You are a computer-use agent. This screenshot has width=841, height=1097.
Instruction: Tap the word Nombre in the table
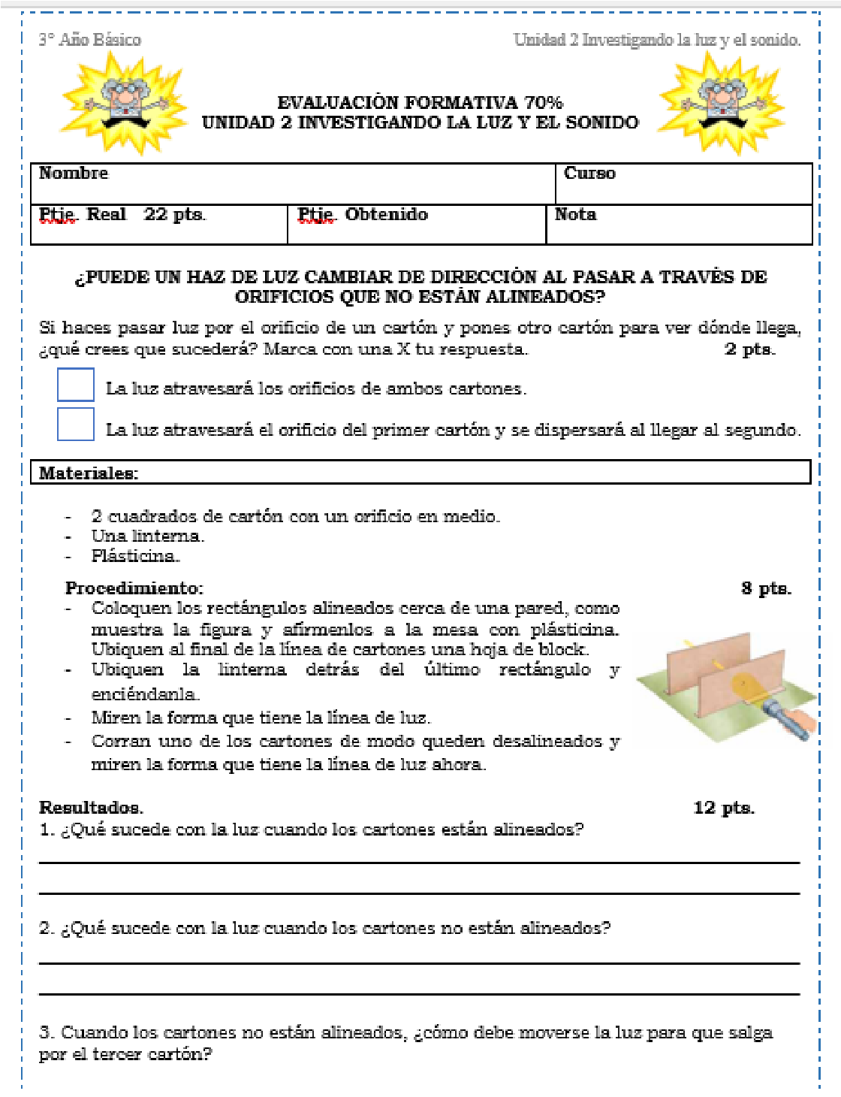tap(74, 174)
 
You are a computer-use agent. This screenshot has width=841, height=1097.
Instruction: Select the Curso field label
tap(589, 174)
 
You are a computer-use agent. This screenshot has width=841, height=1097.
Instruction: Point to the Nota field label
tap(575, 215)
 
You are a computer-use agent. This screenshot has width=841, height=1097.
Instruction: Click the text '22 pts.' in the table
tap(174, 215)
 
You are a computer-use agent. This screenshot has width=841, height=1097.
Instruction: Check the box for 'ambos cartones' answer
tap(76, 385)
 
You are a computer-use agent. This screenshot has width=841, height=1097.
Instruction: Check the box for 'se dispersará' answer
tap(76, 425)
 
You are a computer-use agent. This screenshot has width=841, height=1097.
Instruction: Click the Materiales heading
tap(89, 473)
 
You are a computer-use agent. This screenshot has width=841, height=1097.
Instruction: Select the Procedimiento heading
tap(134, 588)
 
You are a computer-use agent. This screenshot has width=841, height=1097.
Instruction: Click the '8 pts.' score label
tap(766, 588)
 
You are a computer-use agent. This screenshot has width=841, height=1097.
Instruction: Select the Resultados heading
tap(91, 808)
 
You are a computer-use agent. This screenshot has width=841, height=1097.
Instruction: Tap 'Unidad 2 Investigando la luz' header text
tap(657, 40)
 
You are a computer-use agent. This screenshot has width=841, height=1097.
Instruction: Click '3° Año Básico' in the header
tap(90, 40)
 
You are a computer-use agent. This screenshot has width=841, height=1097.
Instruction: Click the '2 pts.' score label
tap(749, 349)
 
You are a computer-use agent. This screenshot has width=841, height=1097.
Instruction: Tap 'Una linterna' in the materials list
tap(148, 536)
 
